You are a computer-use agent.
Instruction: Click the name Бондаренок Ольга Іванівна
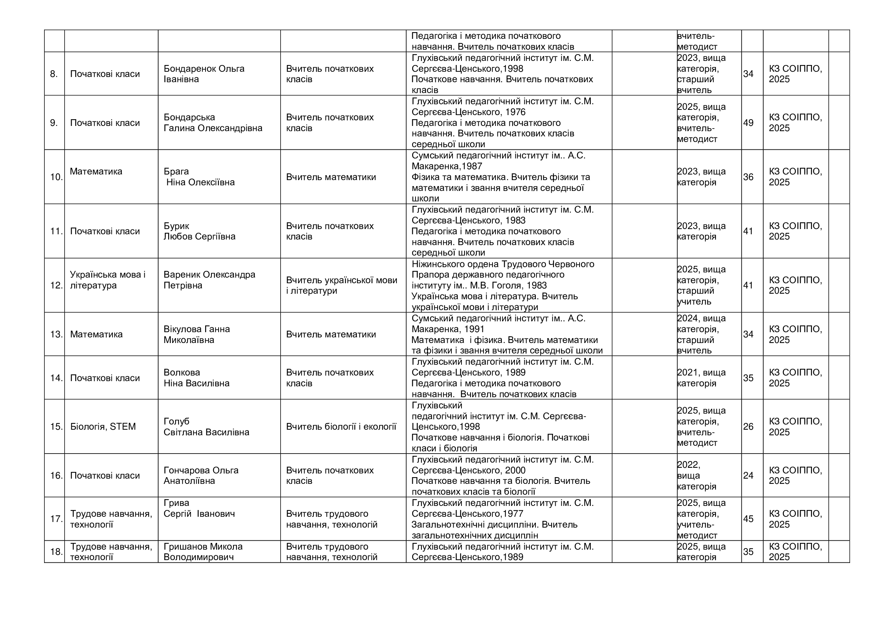204,74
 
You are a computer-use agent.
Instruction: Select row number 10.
56,177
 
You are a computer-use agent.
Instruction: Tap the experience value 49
748,123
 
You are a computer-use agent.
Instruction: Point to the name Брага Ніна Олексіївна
199,177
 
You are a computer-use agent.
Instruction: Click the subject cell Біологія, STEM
103,427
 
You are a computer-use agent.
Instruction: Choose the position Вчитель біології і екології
341,427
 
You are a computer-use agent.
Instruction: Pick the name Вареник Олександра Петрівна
209,280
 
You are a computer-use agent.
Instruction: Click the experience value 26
748,427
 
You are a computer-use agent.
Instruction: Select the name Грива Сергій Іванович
199,509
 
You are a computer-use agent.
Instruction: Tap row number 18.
56,552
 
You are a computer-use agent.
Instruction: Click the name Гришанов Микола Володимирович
203,552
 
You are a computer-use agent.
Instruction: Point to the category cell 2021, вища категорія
701,378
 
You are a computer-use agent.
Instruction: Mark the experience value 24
748,475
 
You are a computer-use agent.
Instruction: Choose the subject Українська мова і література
108,280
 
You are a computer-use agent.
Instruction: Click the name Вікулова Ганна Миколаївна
197,334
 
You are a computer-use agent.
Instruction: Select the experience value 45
748,519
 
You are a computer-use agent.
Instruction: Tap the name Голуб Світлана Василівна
206,427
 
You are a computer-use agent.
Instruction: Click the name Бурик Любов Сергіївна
200,231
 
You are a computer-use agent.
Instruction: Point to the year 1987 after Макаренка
472,166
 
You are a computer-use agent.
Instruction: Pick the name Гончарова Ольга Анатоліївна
201,475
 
